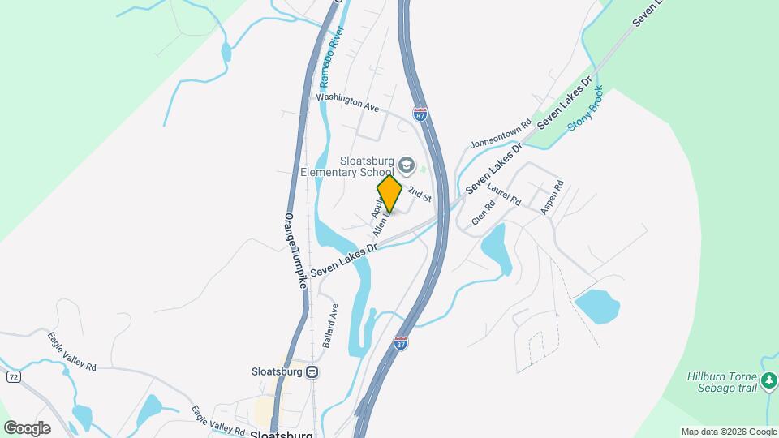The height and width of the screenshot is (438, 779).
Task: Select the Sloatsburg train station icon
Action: click(x=312, y=372)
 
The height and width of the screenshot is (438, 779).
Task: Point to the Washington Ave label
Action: click(x=348, y=101)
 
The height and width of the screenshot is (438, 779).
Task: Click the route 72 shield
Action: click(x=13, y=376)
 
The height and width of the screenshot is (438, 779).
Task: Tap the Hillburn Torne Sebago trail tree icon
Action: click(x=769, y=379)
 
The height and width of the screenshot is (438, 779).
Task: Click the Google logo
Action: click(x=27, y=427)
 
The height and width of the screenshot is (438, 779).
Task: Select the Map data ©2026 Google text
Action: click(x=728, y=432)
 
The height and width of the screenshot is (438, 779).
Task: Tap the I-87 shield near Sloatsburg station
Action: click(x=401, y=342)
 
